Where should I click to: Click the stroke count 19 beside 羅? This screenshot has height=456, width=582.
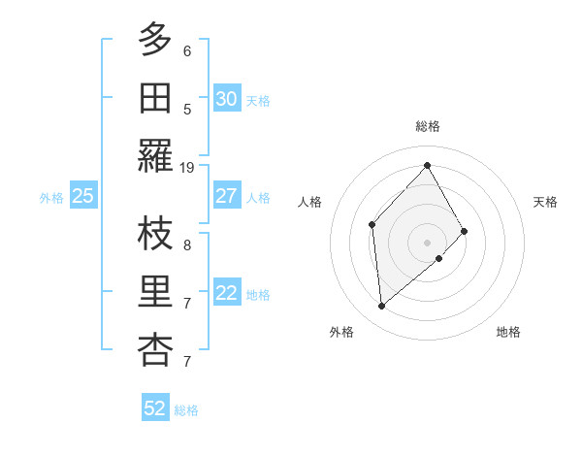187,168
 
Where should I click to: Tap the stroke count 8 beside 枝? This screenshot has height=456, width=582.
187,245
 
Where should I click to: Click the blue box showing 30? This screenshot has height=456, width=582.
226,98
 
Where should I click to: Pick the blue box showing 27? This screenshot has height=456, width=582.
226,196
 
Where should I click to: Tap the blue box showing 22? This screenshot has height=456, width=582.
226,294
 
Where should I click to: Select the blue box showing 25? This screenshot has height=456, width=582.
82,197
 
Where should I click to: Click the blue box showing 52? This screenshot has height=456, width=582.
155,408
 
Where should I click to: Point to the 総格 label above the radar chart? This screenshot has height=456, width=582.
428,126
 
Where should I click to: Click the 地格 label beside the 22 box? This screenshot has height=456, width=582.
258,295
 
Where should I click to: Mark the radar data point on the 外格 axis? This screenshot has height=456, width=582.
382,307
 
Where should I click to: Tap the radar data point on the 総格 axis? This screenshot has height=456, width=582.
427,165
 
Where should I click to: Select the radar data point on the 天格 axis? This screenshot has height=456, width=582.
465,231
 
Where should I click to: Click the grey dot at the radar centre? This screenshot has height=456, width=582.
427,241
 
